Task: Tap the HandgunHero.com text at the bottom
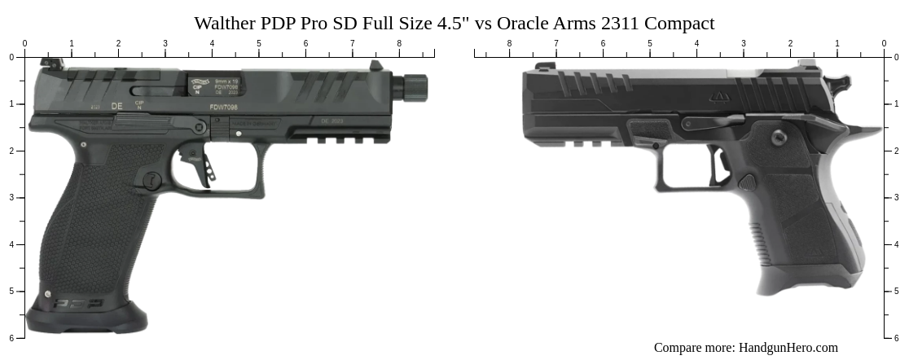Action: point(788,348)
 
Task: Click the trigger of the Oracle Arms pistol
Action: point(720,165)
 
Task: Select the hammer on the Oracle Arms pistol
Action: point(837,81)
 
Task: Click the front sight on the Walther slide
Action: point(375,66)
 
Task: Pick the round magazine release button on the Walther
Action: point(152,181)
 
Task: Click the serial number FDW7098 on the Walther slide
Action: point(224,106)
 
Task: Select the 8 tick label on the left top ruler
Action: point(399,44)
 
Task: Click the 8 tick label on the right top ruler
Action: point(510,44)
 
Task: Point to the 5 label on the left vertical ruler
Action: point(11,291)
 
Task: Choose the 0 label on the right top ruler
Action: point(884,44)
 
